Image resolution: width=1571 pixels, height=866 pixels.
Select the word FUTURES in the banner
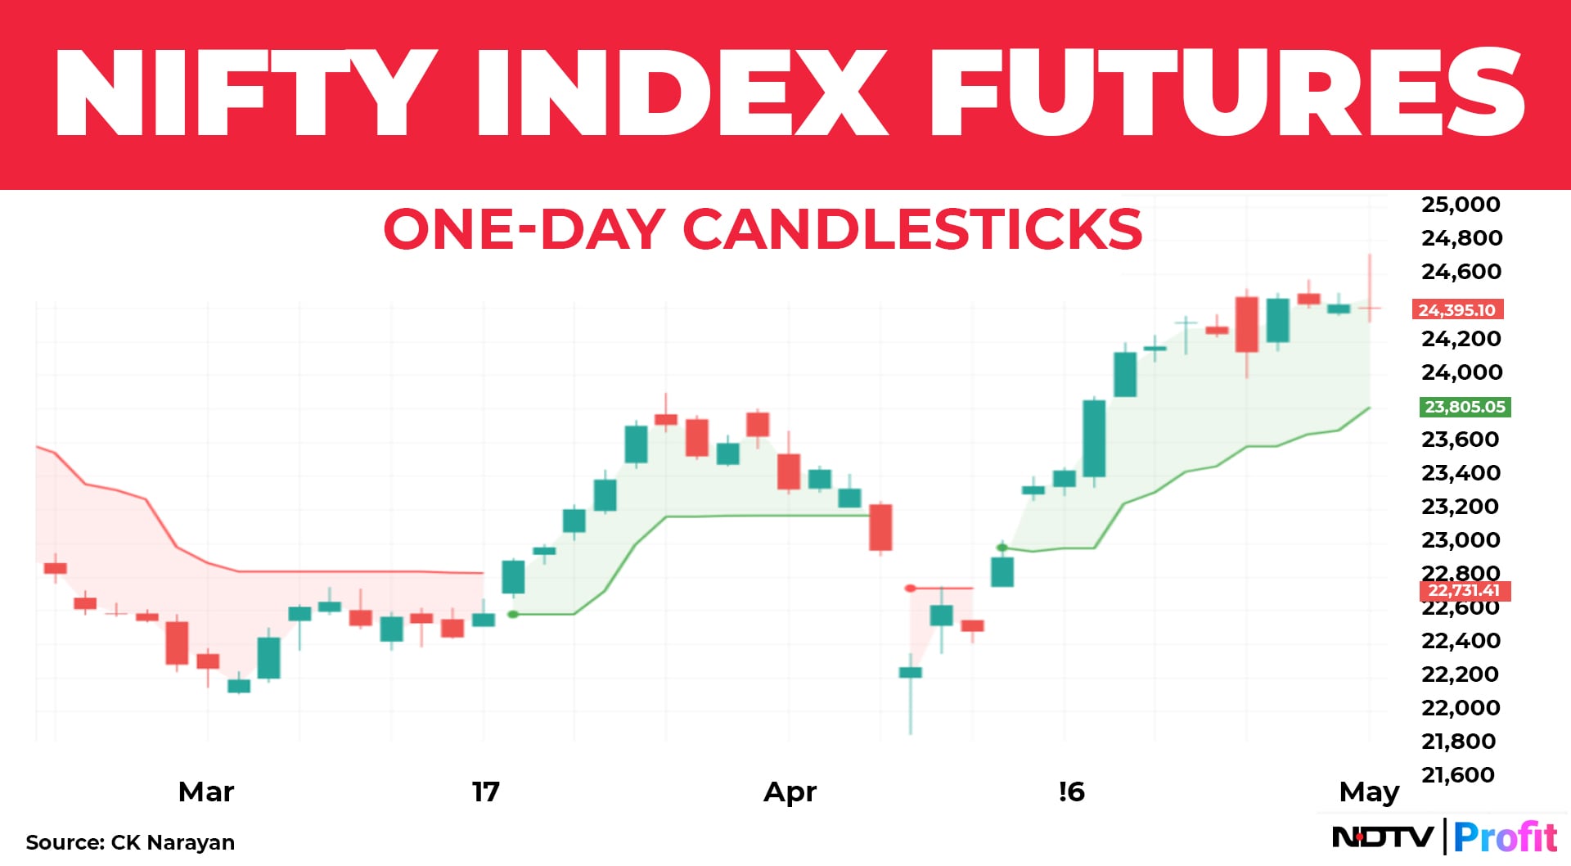pyautogui.click(x=1227, y=92)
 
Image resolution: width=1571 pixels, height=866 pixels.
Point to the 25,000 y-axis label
pyautogui.click(x=1461, y=205)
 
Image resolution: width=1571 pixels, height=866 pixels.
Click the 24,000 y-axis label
pyautogui.click(x=1461, y=372)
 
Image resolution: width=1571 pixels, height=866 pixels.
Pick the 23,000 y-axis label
pyautogui.click(x=1461, y=540)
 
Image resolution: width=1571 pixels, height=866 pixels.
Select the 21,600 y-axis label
pyautogui.click(x=1458, y=775)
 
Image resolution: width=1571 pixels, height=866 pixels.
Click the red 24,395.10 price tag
pyautogui.click(x=1457, y=310)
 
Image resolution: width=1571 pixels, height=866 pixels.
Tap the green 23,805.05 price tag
pyautogui.click(x=1465, y=407)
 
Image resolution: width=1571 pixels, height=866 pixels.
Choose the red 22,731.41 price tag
pyautogui.click(x=1464, y=591)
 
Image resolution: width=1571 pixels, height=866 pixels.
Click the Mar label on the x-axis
pyautogui.click(x=206, y=792)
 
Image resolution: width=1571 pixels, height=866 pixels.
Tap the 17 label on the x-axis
pyautogui.click(x=485, y=792)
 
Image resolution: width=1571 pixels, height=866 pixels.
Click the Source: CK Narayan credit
pyautogui.click(x=130, y=842)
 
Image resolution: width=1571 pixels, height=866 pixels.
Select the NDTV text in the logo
pyautogui.click(x=1383, y=837)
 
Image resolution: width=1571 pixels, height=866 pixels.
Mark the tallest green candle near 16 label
pyautogui.click(x=1094, y=439)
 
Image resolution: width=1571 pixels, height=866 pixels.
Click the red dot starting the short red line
pyautogui.click(x=911, y=589)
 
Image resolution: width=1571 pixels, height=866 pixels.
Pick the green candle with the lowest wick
pyautogui.click(x=911, y=673)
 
